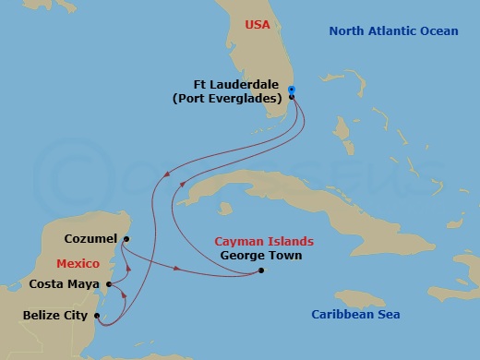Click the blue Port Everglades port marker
point(292,90)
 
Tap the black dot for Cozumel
point(126,239)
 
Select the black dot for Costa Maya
point(109,283)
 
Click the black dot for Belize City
point(96,315)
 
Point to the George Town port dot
point(261,270)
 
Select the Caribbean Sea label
point(354,315)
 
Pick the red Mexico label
point(78,263)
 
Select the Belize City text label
point(55,316)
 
